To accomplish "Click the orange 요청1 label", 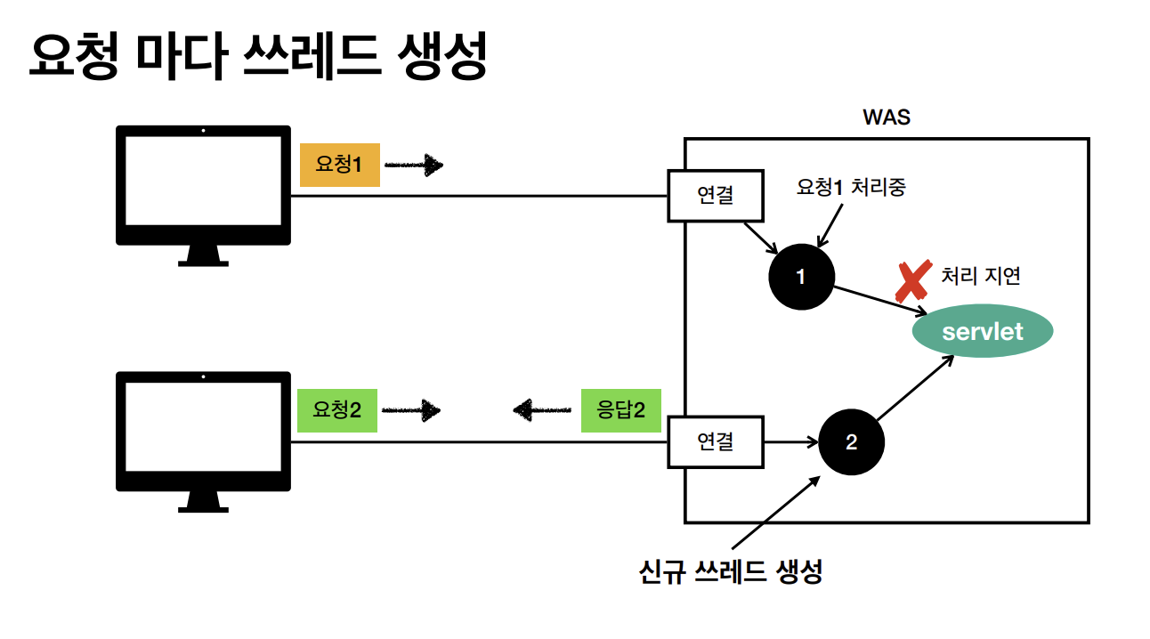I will tap(339, 165).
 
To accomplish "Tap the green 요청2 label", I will tap(336, 410).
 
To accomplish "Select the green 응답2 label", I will tap(620, 410).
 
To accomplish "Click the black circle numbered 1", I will tap(801, 277).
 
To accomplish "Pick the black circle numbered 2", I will tap(851, 442).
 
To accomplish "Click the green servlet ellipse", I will tap(983, 333).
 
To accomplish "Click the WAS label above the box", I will tap(887, 117).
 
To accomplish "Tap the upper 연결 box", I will tap(716, 196).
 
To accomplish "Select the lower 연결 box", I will tap(716, 441).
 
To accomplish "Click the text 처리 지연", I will tap(981, 276).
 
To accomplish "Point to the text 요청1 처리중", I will tap(851, 188).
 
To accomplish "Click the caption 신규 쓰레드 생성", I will tap(730, 570).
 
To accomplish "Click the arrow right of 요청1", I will tap(414, 165).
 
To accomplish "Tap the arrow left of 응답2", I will tap(542, 410).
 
